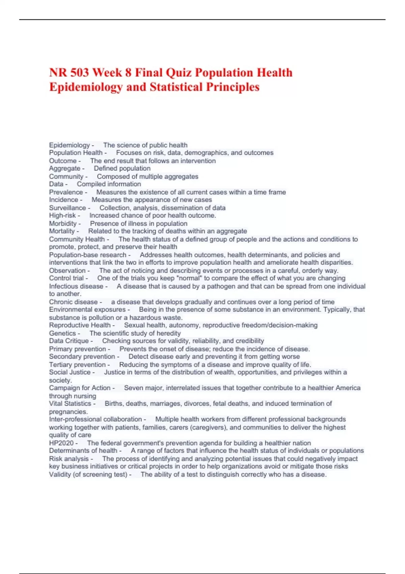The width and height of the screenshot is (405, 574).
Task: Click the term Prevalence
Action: tap(66, 192)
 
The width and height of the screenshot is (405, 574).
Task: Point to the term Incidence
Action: tap(63, 200)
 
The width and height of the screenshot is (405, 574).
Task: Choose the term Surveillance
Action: tap(67, 208)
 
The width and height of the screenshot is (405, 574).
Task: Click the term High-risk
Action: tap(62, 215)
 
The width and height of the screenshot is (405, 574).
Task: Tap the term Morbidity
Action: tap(63, 224)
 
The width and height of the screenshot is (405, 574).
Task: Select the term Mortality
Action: tap(62, 231)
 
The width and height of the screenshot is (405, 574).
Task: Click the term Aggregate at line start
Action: tap(64, 168)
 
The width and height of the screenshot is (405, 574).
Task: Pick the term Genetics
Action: tap(62, 333)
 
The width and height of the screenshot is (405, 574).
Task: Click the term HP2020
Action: tap(61, 443)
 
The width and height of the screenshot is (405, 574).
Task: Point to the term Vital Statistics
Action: tap(70, 404)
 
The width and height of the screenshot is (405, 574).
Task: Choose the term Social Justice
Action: tap(70, 372)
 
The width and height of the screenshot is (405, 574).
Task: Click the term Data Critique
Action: tap(69, 341)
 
